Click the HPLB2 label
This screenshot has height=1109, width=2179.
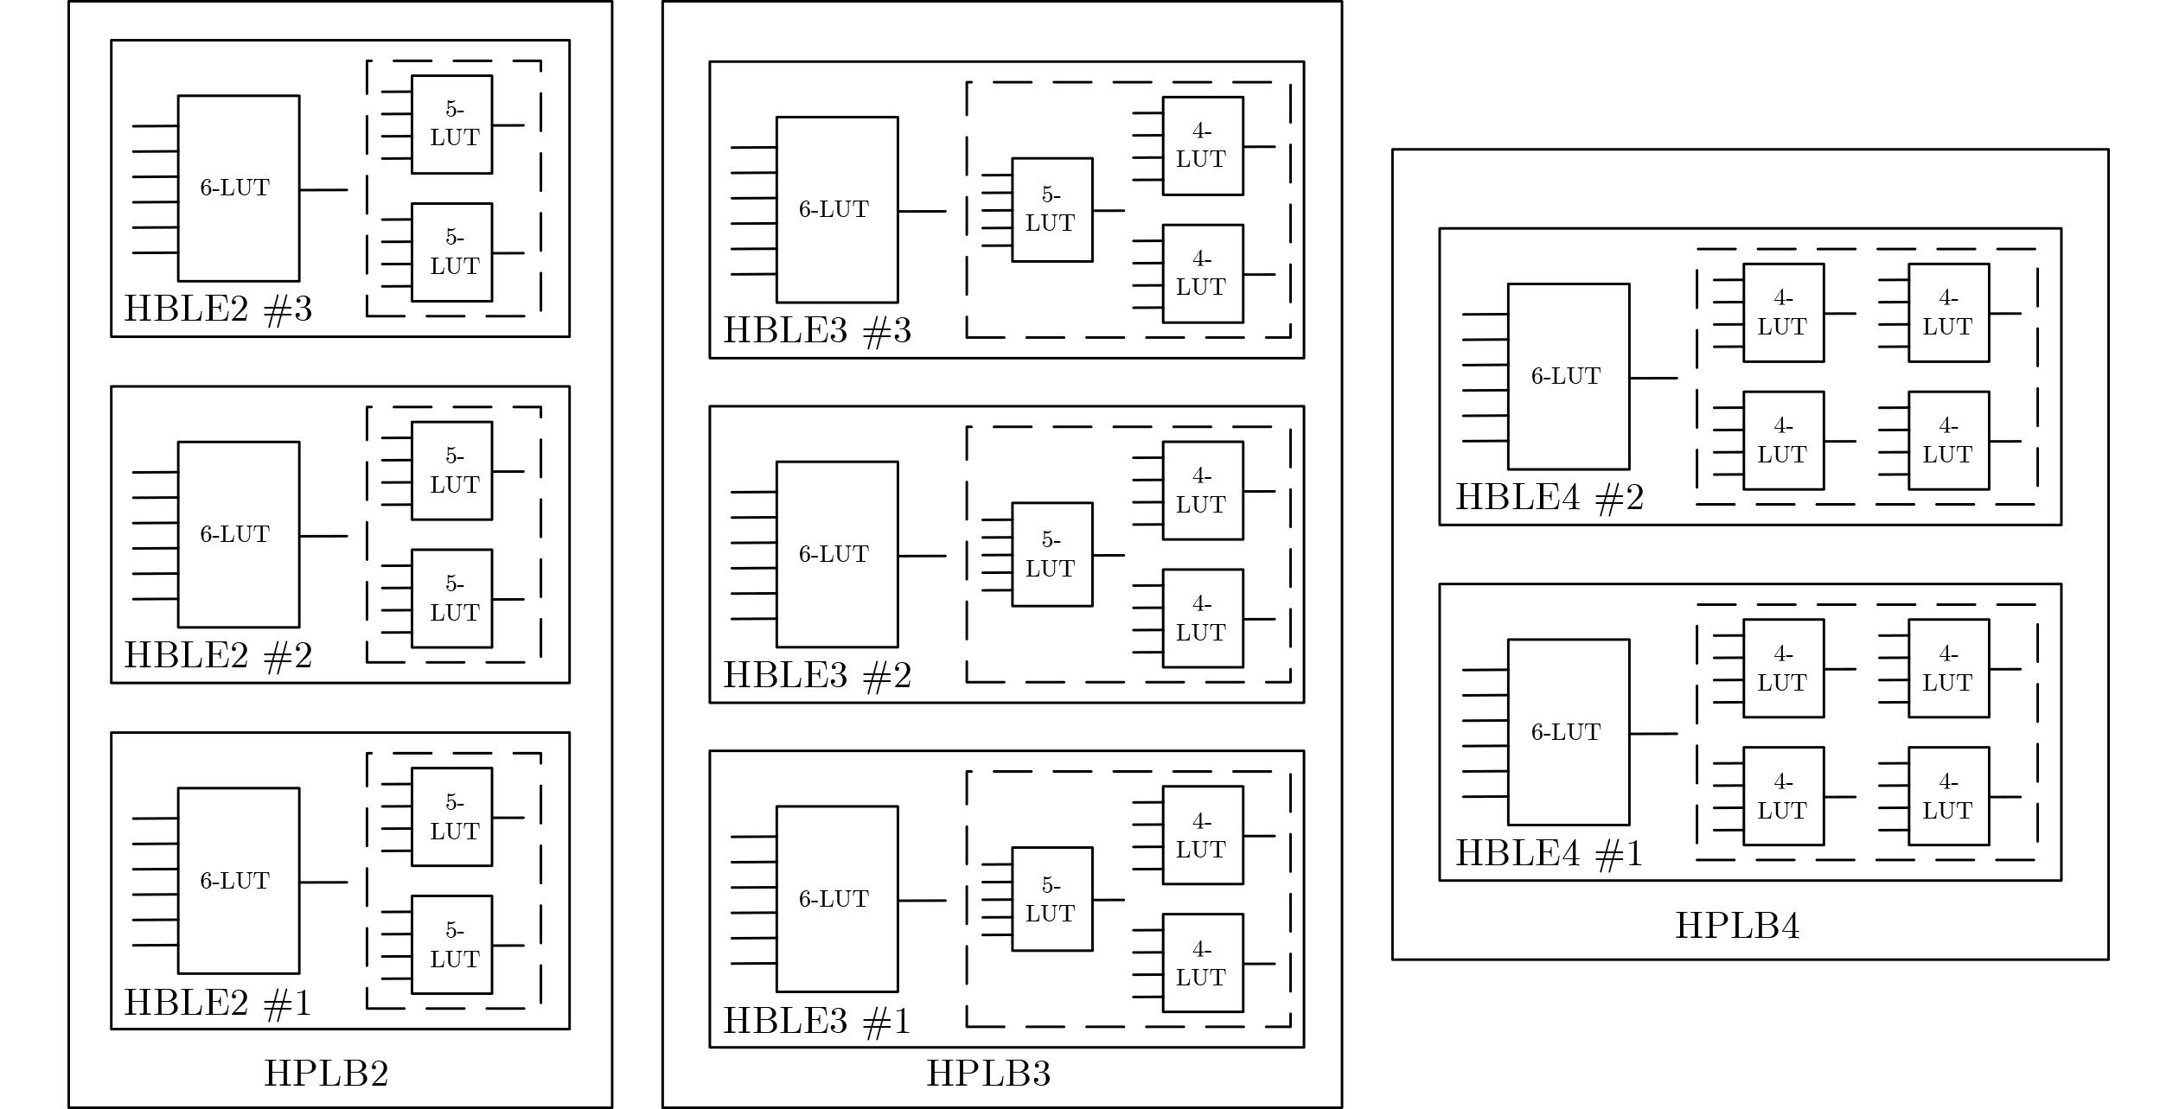pos(326,1074)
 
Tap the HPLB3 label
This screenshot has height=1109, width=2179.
pos(988,1074)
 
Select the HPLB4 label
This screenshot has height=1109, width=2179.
pos(1737,926)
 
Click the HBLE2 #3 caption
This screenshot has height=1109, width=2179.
pos(218,309)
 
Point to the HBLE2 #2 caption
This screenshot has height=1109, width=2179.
pos(218,655)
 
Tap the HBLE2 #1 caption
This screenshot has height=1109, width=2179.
pos(218,1003)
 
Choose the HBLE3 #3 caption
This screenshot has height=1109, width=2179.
pos(817,330)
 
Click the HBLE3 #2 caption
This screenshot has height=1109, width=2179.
pos(817,675)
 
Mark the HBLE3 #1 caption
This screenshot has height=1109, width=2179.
pos(817,1021)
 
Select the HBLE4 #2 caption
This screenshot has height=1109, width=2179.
pos(1550,497)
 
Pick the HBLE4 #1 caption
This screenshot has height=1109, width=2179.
pos(1550,853)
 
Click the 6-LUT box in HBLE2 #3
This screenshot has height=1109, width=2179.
pos(239,188)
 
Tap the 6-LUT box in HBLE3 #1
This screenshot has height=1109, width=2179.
pos(837,899)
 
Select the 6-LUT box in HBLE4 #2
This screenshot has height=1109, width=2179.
pos(1569,376)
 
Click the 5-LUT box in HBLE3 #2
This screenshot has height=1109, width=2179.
pos(1052,554)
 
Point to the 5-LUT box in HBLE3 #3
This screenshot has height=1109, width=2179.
pos(1052,209)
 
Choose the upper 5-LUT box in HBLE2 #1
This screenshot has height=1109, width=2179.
pos(451,817)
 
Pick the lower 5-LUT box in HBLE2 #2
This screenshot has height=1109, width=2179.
pos(451,598)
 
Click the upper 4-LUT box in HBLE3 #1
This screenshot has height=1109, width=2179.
pos(1203,835)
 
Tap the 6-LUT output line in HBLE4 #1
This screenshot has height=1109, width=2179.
pos(1653,734)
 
